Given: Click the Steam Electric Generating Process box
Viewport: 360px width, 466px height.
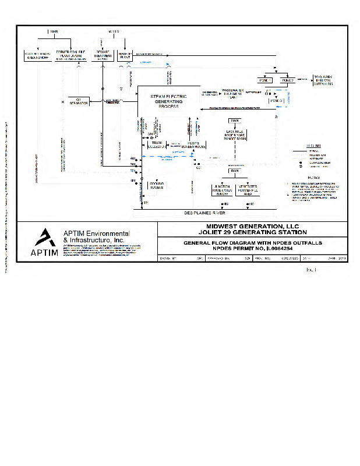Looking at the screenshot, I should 168,100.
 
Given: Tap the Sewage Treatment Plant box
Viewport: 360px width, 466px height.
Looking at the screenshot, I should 103,55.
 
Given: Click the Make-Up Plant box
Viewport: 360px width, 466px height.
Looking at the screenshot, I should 125,55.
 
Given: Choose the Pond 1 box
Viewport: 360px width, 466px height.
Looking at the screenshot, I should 269,80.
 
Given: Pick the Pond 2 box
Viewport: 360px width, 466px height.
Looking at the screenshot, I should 288,80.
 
